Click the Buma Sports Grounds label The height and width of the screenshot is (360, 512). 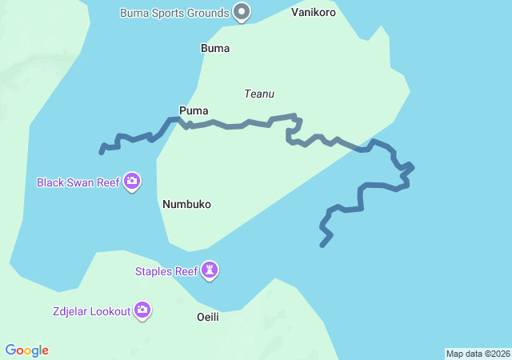(174, 13)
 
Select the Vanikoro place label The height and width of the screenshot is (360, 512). (314, 13)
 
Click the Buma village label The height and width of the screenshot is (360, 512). (214, 48)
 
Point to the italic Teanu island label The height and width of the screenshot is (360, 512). (259, 94)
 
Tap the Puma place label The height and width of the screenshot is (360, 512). (194, 110)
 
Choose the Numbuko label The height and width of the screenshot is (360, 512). (186, 204)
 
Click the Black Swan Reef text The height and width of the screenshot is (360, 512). (78, 182)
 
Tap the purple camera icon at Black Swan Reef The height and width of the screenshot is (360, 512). (133, 182)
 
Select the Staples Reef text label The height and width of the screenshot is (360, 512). (166, 271)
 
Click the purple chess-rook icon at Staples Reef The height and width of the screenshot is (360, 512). (210, 270)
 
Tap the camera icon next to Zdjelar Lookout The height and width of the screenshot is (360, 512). (142, 310)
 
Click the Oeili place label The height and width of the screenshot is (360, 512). (207, 317)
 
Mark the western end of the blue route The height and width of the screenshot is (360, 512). (102, 151)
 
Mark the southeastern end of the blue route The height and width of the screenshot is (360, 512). (322, 245)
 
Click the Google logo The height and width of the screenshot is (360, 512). (27, 350)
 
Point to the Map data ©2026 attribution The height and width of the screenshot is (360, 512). (477, 354)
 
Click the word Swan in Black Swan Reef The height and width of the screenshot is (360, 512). (82, 182)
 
